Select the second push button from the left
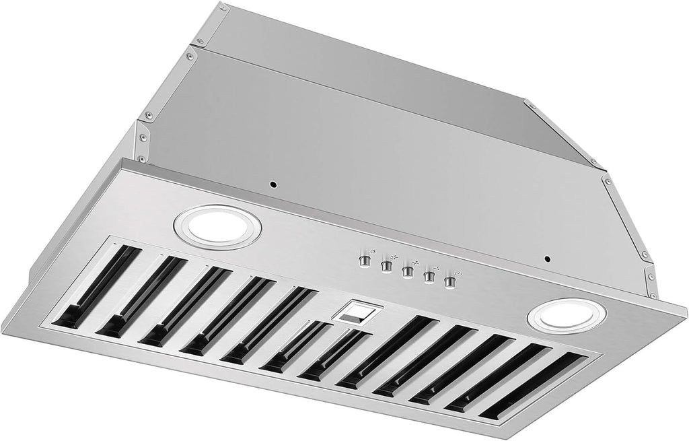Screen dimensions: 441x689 pos(387,267)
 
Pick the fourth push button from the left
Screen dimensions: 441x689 pos(427,277)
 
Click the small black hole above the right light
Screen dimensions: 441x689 pos(548,259)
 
